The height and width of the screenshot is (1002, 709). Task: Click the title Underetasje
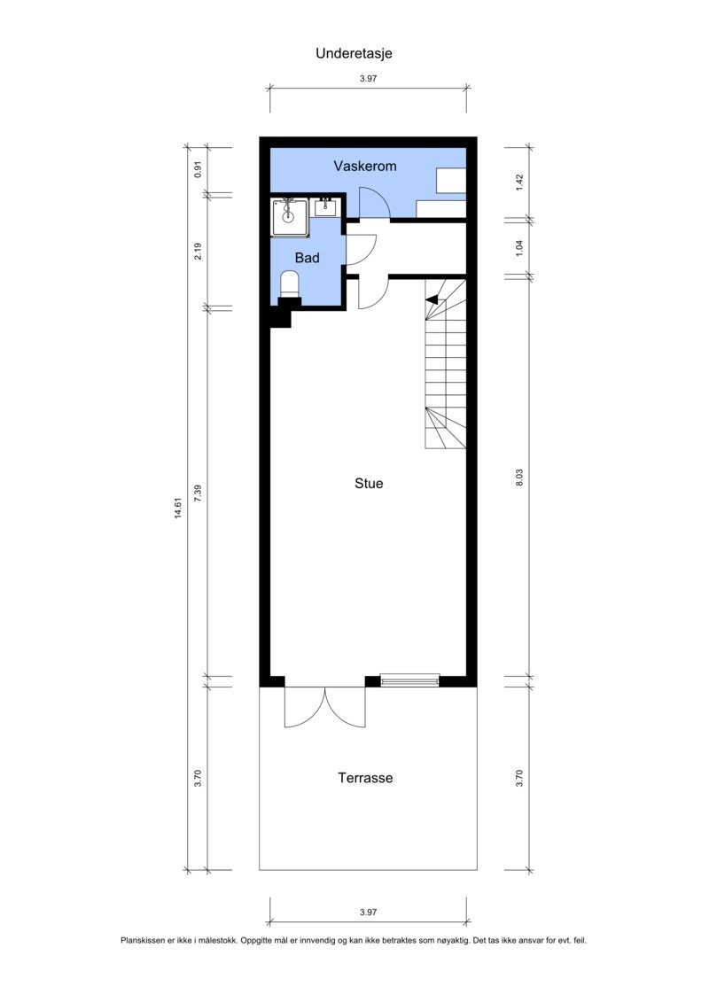[x=354, y=53]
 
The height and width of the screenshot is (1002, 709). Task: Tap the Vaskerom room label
[x=364, y=166]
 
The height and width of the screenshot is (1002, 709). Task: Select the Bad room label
[x=307, y=258]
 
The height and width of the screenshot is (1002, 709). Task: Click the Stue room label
[x=369, y=484]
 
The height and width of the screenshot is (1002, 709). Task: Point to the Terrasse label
[x=364, y=778]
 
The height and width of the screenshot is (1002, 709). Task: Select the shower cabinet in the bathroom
[x=289, y=216]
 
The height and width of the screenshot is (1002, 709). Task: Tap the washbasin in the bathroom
[x=325, y=208]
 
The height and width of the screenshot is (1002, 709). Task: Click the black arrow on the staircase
[x=432, y=301]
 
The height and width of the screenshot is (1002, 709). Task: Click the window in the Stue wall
[x=409, y=680]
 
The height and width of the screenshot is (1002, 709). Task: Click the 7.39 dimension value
[x=199, y=493]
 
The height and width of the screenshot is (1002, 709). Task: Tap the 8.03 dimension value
[x=520, y=478]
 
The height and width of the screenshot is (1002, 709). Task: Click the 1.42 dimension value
[x=520, y=182]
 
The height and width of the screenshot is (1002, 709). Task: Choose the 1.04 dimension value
[x=520, y=247]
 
